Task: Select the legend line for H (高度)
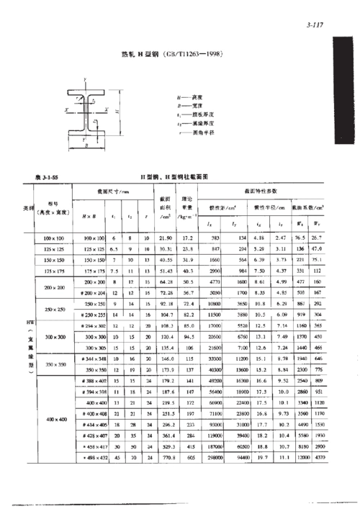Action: click(x=189, y=96)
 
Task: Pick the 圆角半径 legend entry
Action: click(x=189, y=132)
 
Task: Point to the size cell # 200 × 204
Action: click(x=94, y=293)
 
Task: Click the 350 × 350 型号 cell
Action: click(x=55, y=364)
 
